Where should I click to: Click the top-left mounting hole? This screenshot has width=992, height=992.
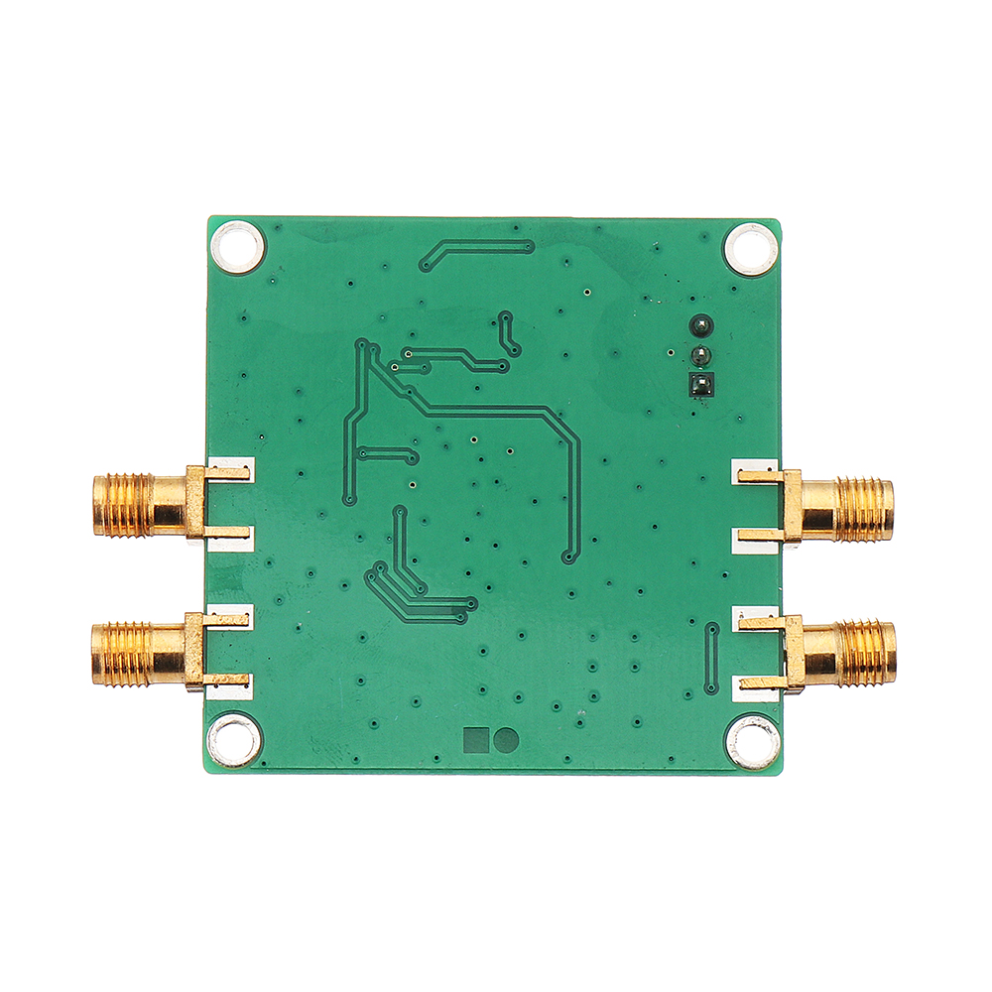tap(239, 247)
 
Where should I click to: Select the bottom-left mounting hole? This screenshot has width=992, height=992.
tap(235, 740)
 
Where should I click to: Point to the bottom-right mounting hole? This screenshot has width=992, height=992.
tap(752, 742)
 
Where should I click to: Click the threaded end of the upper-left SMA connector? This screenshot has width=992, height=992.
tap(123, 505)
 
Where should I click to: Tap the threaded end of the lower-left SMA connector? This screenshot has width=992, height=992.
tap(121, 654)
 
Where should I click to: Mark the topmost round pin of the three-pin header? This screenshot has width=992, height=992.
tap(700, 325)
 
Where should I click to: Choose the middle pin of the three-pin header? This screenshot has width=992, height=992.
tap(700, 355)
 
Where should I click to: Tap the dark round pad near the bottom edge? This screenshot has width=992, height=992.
tap(507, 739)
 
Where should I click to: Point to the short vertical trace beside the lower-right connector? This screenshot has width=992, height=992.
tap(711, 659)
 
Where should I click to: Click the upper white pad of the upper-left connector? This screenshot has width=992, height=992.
tap(232, 470)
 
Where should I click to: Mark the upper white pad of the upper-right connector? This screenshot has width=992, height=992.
tap(756, 472)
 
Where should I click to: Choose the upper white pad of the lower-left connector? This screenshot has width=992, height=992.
tap(232, 617)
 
